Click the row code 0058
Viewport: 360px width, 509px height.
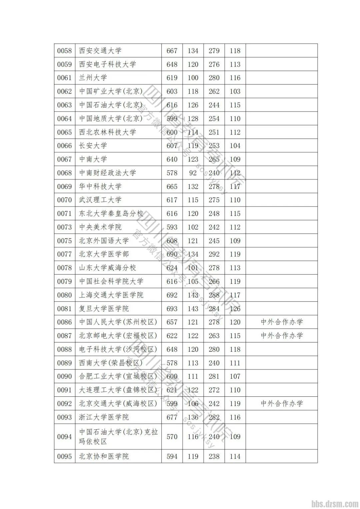point(64,51)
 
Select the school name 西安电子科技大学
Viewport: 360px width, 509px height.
point(107,64)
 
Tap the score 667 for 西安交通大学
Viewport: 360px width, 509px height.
point(172,51)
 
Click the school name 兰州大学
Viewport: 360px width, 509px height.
point(93,78)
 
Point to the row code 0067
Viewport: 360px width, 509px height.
point(64,159)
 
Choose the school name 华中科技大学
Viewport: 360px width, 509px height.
point(100,187)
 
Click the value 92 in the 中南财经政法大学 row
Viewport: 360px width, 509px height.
point(193,173)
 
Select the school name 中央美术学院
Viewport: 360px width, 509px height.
point(100,227)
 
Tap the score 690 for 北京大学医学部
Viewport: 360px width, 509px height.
point(172,254)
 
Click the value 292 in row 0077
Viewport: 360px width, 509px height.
point(214,254)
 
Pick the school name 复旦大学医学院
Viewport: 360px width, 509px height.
point(104,308)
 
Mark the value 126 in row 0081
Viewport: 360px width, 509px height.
point(235,308)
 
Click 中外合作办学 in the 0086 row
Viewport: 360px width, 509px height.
point(282,322)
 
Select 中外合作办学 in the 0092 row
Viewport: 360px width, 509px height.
point(282,403)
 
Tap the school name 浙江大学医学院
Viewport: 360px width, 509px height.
point(104,417)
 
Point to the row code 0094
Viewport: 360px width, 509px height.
point(64,436)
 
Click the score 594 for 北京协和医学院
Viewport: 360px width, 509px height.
point(172,456)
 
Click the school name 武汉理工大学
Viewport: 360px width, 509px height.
point(100,200)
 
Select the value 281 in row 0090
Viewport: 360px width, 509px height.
point(214,376)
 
